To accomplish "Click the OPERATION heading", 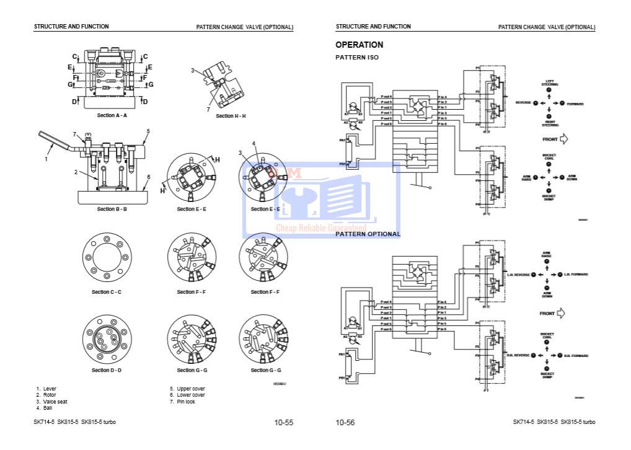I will (x=359, y=45).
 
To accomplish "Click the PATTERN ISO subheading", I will (x=356, y=58).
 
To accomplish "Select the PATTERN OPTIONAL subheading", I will (x=368, y=234).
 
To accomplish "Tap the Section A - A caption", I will (x=112, y=115).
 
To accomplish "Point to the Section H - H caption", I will (x=231, y=116).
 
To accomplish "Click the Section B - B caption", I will (x=112, y=210).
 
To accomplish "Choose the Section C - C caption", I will (x=107, y=292).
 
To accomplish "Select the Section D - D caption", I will (x=107, y=371).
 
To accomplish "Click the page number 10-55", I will (x=284, y=423).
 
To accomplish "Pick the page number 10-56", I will (x=345, y=423).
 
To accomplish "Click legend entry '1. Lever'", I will (x=46, y=389).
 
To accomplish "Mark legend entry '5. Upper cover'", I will (x=187, y=389).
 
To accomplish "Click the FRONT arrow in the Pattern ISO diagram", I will (x=563, y=139).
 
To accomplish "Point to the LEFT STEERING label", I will (x=549, y=83).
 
